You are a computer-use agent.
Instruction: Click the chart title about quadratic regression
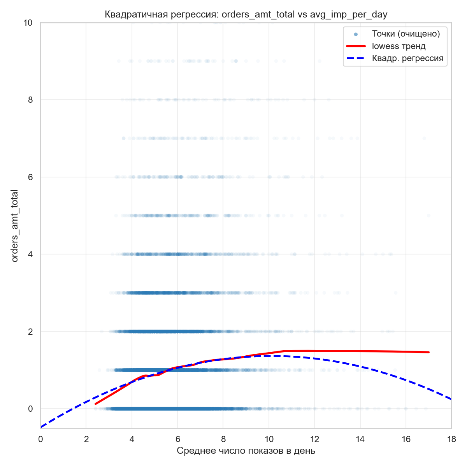point(246,15)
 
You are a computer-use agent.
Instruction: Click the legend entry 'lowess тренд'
point(399,46)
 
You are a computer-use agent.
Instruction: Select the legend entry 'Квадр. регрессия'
point(407,59)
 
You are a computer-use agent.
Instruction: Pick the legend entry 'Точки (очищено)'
point(406,34)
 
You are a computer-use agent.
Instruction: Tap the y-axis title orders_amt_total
point(15,226)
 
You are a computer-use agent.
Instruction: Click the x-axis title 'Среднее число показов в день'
point(246,451)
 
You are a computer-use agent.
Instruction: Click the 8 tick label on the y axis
point(30,100)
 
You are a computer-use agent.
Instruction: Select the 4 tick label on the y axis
point(30,254)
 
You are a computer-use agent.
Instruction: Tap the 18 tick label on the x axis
point(451,439)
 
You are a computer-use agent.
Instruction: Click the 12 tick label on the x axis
point(314,439)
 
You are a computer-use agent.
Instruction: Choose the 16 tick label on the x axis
point(406,439)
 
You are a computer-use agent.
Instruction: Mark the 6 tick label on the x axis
point(177,439)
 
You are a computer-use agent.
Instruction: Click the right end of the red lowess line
point(428,352)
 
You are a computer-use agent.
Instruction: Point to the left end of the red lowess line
point(96,404)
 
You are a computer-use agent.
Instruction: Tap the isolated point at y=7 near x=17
point(424,138)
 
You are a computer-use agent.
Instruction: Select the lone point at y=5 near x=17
point(428,215)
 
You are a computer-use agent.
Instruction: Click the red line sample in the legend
point(356,46)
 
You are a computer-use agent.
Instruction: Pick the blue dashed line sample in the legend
point(356,59)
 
